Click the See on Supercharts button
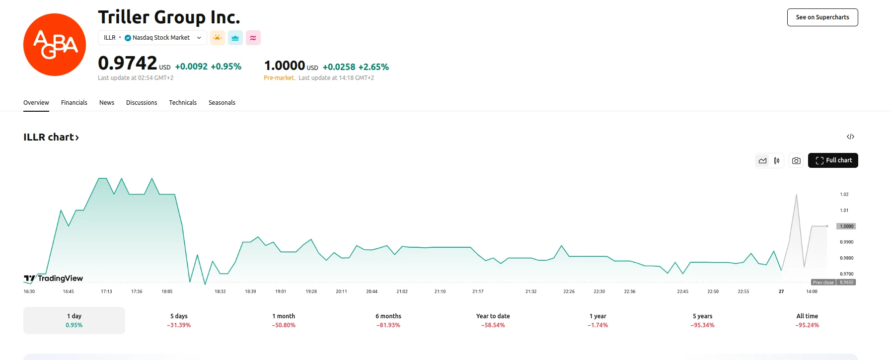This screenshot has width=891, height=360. click(822, 17)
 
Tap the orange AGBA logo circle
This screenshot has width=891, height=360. click(55, 45)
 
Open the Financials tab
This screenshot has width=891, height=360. click(74, 103)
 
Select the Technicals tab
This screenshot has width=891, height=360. click(183, 103)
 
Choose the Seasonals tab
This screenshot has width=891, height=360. click(222, 103)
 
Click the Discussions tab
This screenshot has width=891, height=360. click(142, 103)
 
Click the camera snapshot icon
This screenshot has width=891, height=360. click(796, 160)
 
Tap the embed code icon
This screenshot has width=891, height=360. click(850, 137)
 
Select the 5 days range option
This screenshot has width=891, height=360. click(179, 320)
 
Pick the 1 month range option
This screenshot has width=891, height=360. click(284, 320)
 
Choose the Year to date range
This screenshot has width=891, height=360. click(493, 320)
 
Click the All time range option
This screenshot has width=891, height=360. click(807, 320)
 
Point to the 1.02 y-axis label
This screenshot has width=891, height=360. click(844, 195)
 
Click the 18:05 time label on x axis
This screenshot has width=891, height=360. click(167, 291)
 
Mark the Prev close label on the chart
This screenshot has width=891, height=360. click(823, 283)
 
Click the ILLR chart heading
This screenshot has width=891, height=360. click(51, 137)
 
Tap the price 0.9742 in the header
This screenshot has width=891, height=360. click(128, 64)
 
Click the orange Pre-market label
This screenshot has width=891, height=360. click(279, 78)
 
